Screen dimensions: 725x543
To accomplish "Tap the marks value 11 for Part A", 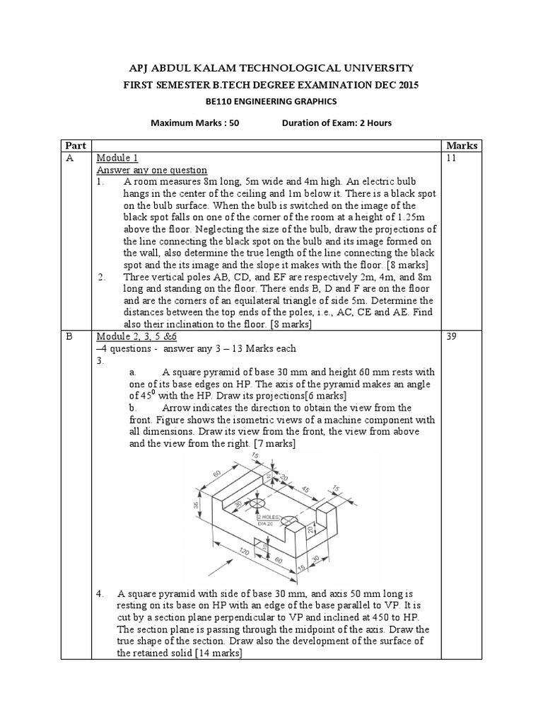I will coord(453,159).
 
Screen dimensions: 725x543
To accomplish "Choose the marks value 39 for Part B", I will coord(454,337).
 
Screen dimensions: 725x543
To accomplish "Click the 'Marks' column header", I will coord(462,146).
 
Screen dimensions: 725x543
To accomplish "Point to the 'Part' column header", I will coord(76,146).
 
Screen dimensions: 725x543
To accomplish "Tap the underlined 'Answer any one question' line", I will coord(151,171).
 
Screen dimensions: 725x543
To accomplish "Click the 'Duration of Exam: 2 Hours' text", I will coord(337,123).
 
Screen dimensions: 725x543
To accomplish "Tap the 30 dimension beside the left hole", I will coord(238,501).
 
